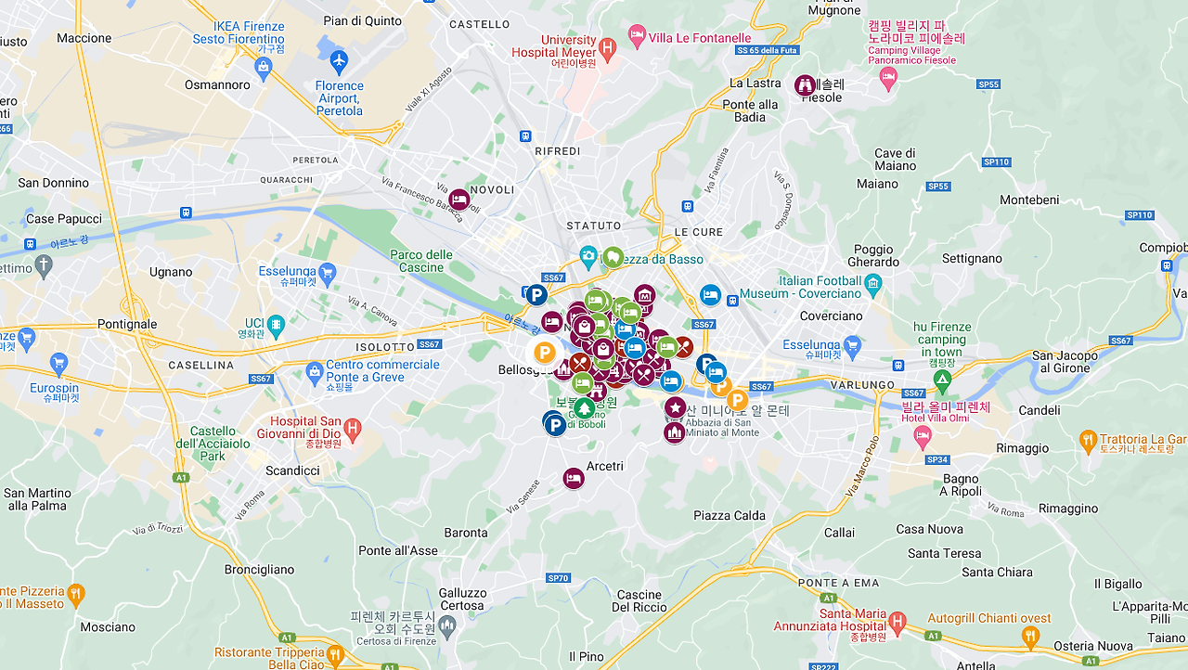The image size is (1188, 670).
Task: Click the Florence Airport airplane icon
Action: [x=338, y=62]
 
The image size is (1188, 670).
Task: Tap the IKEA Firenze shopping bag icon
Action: [x=264, y=67]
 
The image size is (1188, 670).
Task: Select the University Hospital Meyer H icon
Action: [x=607, y=46]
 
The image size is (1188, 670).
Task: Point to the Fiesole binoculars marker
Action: [x=805, y=85]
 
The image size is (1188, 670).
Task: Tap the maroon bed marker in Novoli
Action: [x=459, y=199]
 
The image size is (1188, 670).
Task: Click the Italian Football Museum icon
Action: [x=872, y=286]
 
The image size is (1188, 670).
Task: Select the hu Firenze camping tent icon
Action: [x=942, y=379]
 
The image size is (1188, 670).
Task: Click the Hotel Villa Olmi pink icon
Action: [x=923, y=434]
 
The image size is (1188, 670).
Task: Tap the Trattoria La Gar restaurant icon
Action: [x=1088, y=441]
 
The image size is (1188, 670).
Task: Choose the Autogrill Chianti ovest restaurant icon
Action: [x=1029, y=637]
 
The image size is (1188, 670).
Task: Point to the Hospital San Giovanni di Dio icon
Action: [x=352, y=429]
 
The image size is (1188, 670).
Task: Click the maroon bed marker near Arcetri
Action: [x=574, y=478]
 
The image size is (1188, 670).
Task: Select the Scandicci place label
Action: [x=292, y=470]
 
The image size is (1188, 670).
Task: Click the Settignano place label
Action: [x=972, y=259]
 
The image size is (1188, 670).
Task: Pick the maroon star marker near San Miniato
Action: [x=675, y=407]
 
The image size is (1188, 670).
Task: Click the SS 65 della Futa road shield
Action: [x=768, y=49]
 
